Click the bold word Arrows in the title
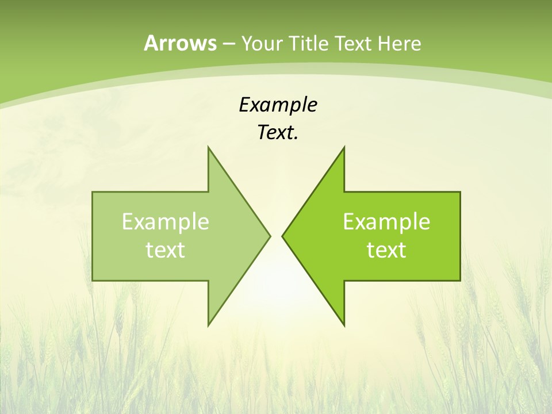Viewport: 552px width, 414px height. [179, 43]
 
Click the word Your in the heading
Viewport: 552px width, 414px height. [260, 43]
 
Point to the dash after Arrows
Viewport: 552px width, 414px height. [228, 44]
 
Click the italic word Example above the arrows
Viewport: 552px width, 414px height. [278, 105]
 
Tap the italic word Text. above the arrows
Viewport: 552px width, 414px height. [278, 133]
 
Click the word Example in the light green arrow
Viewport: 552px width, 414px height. [166, 221]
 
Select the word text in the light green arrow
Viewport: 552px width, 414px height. [166, 250]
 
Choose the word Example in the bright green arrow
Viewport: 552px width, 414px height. [386, 221]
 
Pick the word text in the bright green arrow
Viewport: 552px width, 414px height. [386, 250]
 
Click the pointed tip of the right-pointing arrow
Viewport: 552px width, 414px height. [270, 236]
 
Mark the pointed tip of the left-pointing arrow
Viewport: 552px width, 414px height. [282, 236]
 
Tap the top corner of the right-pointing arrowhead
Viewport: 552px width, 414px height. [208, 147]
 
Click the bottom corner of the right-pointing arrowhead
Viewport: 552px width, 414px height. [208, 325]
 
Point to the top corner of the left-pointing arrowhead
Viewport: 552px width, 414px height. [344, 147]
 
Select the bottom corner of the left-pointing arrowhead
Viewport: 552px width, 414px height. [344, 325]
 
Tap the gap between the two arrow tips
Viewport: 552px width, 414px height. [276, 236]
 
